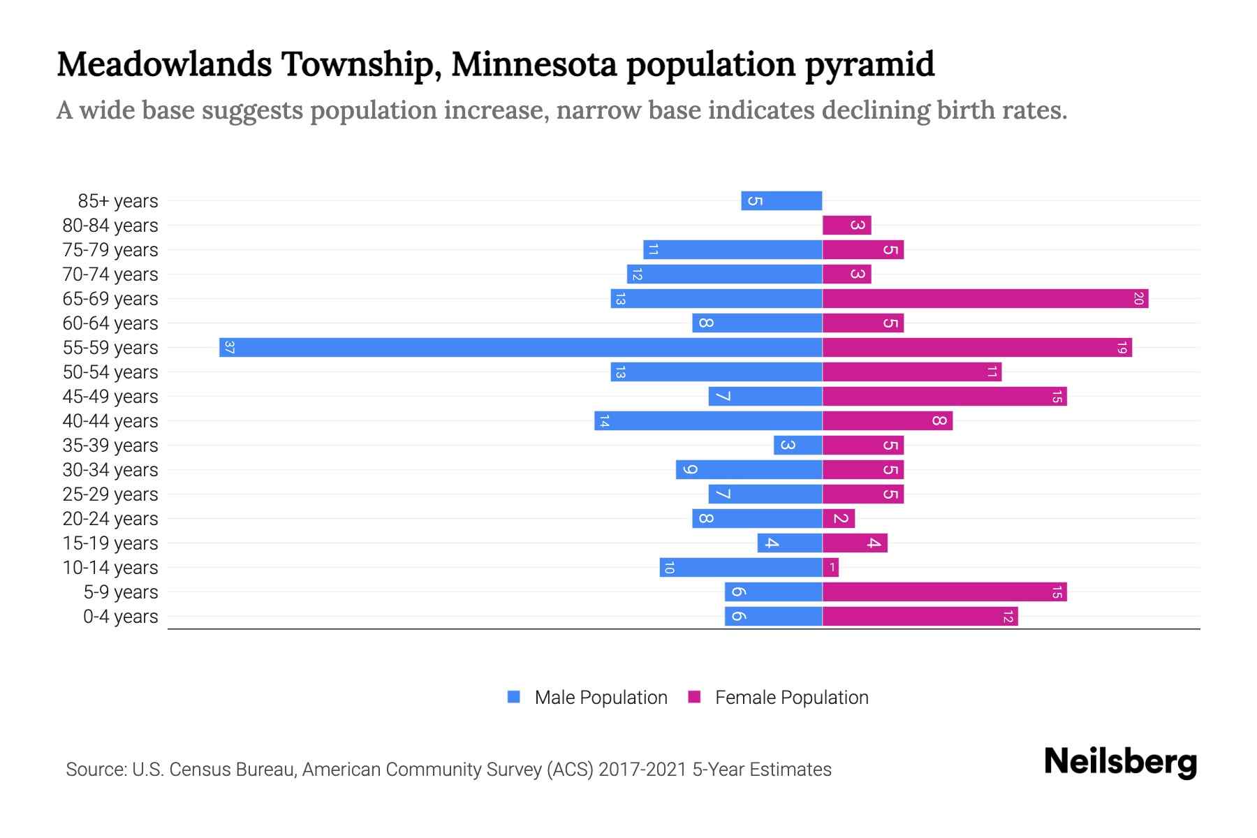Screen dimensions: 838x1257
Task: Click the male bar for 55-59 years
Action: pyautogui.click(x=520, y=347)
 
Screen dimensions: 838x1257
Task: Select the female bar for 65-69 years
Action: pyautogui.click(x=985, y=299)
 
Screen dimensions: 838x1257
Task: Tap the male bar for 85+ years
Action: pyautogui.click(x=781, y=201)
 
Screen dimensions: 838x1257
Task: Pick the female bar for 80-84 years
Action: pyautogui.click(x=846, y=226)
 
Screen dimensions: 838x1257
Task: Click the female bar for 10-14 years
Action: pyautogui.click(x=830, y=568)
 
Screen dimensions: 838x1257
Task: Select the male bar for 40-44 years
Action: pyautogui.click(x=708, y=421)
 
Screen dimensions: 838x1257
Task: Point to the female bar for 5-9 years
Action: pyautogui.click(x=944, y=592)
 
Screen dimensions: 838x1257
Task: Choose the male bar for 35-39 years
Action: pyautogui.click(x=797, y=446)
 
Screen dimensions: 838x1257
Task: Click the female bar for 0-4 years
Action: pyautogui.click(x=920, y=617)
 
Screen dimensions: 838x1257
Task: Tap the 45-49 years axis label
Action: pyautogui.click(x=110, y=397)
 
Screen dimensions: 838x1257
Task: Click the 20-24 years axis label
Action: pyautogui.click(x=110, y=519)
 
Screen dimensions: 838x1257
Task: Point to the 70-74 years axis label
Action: pyautogui.click(x=110, y=274)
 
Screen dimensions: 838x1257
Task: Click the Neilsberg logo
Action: pyautogui.click(x=1120, y=762)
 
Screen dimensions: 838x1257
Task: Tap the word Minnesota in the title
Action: pyautogui.click(x=534, y=64)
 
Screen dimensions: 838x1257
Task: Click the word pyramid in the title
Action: pyautogui.click(x=869, y=64)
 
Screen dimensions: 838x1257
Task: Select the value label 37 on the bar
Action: pyautogui.click(x=229, y=347)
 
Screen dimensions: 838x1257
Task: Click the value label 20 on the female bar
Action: pyautogui.click(x=1138, y=299)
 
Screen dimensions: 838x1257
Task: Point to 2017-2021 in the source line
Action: pyautogui.click(x=642, y=770)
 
